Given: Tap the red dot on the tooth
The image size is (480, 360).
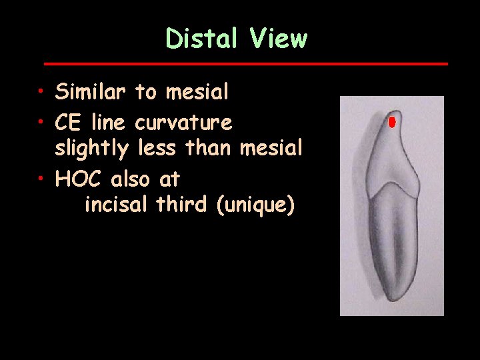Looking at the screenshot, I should pos(392,122).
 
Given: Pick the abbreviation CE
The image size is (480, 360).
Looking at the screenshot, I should pos(69,123).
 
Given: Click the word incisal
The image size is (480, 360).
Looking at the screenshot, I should pos(117,205).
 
